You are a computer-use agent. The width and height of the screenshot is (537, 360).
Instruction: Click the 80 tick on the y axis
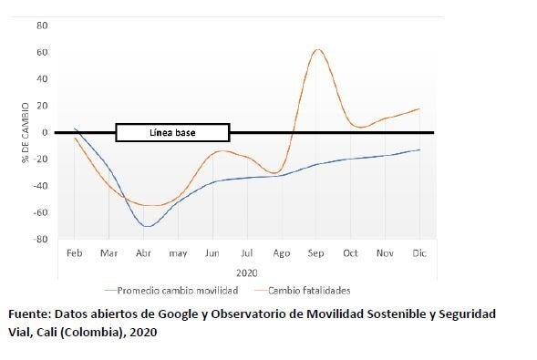(42, 25)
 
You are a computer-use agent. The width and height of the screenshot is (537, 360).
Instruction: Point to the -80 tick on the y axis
(41, 240)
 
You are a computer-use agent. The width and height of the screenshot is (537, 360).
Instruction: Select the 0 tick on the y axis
(45, 132)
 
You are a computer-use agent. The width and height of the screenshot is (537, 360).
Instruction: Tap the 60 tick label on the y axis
(42, 52)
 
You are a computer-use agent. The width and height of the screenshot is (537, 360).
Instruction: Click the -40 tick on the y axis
(41, 186)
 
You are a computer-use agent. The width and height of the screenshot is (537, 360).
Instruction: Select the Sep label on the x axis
(316, 252)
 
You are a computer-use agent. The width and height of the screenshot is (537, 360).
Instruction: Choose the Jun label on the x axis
(213, 252)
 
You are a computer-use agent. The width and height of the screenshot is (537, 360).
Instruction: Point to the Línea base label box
(172, 133)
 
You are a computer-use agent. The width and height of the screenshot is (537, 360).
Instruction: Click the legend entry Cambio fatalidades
(310, 290)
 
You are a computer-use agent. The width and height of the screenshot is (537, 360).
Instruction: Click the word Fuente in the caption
(29, 314)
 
